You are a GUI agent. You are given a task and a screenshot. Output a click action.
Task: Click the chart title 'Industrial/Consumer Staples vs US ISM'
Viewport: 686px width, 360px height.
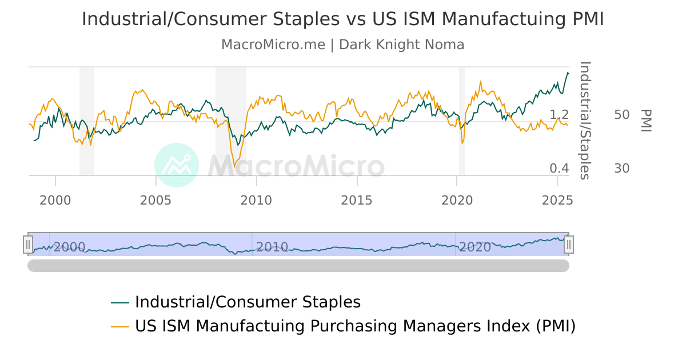point(342,19)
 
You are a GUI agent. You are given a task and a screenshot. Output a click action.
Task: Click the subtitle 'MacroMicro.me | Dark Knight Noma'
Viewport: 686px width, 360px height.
point(342,45)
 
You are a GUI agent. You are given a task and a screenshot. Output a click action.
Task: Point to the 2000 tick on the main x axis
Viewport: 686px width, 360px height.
point(55,200)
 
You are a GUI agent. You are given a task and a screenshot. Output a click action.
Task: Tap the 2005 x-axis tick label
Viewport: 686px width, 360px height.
point(156,200)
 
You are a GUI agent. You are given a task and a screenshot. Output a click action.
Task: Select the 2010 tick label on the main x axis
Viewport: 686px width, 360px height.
point(257,200)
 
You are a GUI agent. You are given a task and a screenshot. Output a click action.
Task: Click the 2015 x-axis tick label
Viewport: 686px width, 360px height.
point(357,200)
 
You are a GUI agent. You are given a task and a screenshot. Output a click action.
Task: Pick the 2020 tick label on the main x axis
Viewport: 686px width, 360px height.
point(457,200)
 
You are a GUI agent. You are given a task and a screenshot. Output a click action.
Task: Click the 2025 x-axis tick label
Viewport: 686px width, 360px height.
point(557,200)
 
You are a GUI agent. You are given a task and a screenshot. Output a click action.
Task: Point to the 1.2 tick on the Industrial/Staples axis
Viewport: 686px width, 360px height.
point(559,115)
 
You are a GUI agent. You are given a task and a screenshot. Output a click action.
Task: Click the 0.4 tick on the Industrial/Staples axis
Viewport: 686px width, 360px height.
point(559,169)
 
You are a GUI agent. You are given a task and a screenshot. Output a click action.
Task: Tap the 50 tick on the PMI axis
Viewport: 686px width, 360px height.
point(622,115)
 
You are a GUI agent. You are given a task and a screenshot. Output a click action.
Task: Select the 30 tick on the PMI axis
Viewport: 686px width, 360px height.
point(622,169)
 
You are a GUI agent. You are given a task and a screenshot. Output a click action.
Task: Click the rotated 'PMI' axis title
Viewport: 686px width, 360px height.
point(646,121)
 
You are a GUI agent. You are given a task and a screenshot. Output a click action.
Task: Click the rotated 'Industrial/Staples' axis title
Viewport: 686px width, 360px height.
point(585,121)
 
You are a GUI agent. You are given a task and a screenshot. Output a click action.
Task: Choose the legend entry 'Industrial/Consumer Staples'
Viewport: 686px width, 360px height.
point(248,302)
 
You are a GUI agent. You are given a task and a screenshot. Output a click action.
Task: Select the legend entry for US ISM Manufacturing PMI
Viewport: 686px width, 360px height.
point(355,326)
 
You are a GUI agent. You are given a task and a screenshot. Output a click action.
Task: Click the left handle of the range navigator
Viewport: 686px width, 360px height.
point(28,245)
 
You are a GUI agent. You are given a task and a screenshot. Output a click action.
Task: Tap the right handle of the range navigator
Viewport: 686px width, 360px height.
point(568,245)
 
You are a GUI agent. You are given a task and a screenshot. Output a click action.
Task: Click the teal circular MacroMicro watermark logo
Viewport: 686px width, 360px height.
point(177,165)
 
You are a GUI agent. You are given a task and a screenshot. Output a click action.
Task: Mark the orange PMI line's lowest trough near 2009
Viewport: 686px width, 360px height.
point(234,166)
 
